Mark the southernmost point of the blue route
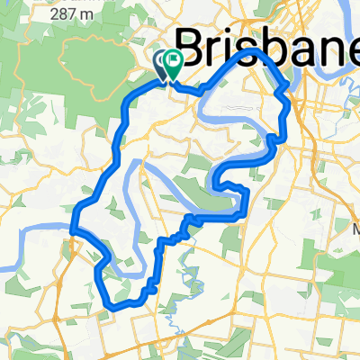115,308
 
